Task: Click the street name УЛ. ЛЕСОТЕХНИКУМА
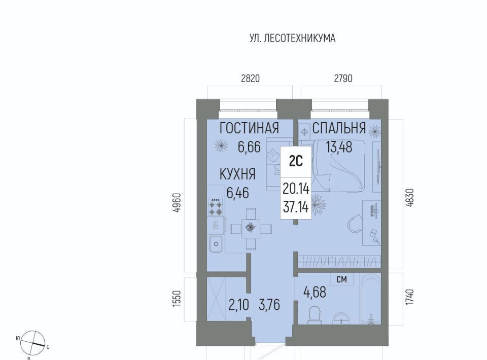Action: pos(292,38)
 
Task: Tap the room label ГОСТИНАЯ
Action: pos(249,128)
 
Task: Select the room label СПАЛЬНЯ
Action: pos(339,128)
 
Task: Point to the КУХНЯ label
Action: pos(237,174)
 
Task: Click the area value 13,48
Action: pos(339,147)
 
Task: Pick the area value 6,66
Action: pos(249,147)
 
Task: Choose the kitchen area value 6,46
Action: pos(237,193)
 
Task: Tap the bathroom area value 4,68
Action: pos(315,292)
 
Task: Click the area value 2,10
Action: pos(239,305)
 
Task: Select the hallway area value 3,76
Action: pos(269,305)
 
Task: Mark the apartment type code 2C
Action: pos(295,161)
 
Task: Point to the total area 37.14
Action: pos(296,207)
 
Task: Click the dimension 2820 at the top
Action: pos(250,79)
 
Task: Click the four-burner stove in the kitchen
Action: pos(216,207)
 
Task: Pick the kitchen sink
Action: pos(216,244)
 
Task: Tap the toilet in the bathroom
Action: pos(315,315)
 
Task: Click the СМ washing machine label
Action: pos(341,279)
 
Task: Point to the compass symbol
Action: pos(32,343)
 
